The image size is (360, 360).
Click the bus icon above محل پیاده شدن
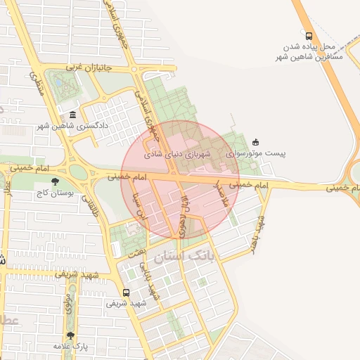(x=307, y=35)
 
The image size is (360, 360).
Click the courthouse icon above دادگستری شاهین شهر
(x=72, y=116)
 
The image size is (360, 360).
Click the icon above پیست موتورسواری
(x=255, y=141)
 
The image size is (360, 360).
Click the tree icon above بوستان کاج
(x=56, y=183)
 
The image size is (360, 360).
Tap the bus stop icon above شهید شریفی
(x=126, y=292)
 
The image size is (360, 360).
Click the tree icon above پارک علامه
(x=70, y=335)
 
